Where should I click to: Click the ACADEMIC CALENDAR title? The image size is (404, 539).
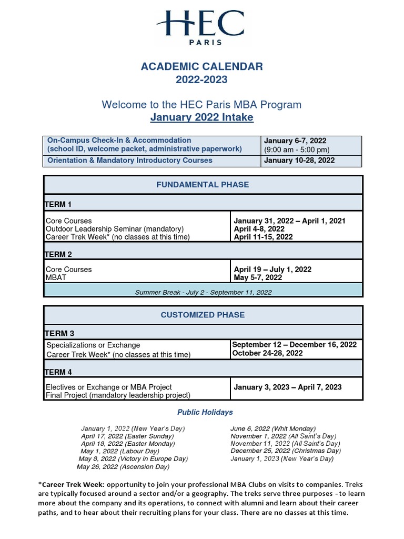click(x=201, y=66)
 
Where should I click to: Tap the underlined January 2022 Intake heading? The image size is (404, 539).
click(x=201, y=117)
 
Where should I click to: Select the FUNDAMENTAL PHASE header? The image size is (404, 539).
click(x=203, y=185)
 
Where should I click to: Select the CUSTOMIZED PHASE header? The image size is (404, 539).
click(x=203, y=315)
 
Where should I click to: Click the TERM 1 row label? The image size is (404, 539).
click(x=58, y=204)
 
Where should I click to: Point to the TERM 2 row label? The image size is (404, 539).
click(x=58, y=254)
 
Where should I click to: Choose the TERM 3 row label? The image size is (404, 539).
click(x=58, y=333)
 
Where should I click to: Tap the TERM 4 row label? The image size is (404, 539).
click(x=58, y=372)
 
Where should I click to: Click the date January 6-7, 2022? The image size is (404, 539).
click(x=295, y=141)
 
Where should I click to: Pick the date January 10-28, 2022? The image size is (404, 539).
click(x=299, y=160)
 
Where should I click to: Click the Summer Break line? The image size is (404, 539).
click(x=203, y=292)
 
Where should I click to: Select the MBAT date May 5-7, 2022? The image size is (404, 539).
click(x=258, y=277)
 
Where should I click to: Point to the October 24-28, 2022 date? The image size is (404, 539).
click(x=267, y=353)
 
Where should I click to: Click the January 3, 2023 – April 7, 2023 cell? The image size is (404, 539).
click(x=287, y=387)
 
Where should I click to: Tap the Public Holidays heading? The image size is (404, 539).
click(x=205, y=412)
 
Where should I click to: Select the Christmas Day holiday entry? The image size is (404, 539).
click(x=285, y=451)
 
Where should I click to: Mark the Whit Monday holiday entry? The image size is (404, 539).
click(x=272, y=428)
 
